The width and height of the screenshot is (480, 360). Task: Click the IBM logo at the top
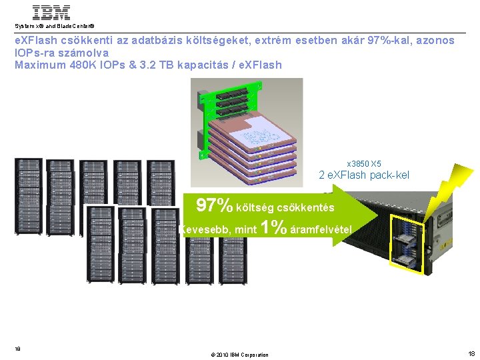point(51,13)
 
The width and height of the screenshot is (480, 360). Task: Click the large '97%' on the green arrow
point(214,205)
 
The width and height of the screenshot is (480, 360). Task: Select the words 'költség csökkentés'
point(285,207)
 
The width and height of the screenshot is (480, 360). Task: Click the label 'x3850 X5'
point(364,163)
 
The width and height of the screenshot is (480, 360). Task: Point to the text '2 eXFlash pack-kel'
point(364,175)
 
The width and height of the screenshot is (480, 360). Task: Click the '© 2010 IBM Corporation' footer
point(240,355)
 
